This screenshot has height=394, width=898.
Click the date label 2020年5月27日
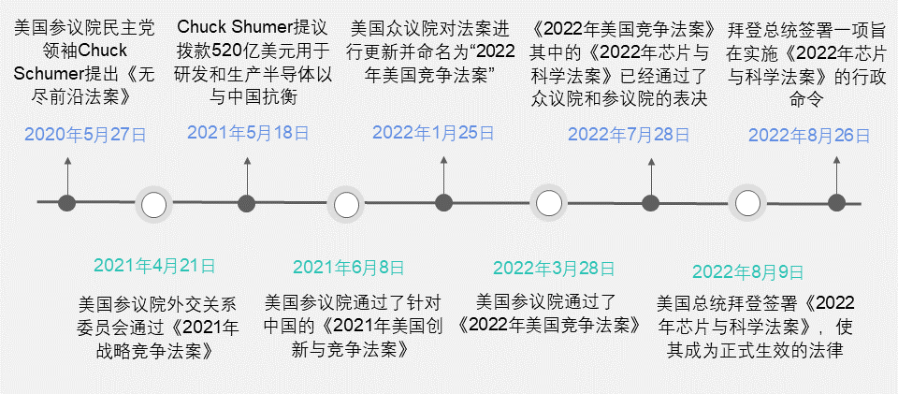click(85, 135)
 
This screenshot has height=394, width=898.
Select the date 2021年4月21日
click(154, 266)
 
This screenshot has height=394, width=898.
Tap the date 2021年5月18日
click(248, 134)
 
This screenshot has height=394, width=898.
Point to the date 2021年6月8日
click(348, 268)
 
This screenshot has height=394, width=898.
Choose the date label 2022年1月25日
click(433, 133)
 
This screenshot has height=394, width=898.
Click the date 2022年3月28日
click(554, 268)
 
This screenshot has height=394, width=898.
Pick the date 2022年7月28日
click(629, 135)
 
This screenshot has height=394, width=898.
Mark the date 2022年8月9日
click(748, 272)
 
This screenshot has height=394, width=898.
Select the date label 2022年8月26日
click(809, 136)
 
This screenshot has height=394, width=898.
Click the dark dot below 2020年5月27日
click(67, 203)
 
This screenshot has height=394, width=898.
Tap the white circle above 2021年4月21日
click(153, 205)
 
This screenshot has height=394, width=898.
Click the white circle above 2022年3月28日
click(548, 204)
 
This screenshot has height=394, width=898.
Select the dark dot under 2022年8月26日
click(836, 203)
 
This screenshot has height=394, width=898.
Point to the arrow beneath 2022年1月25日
click(443, 176)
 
